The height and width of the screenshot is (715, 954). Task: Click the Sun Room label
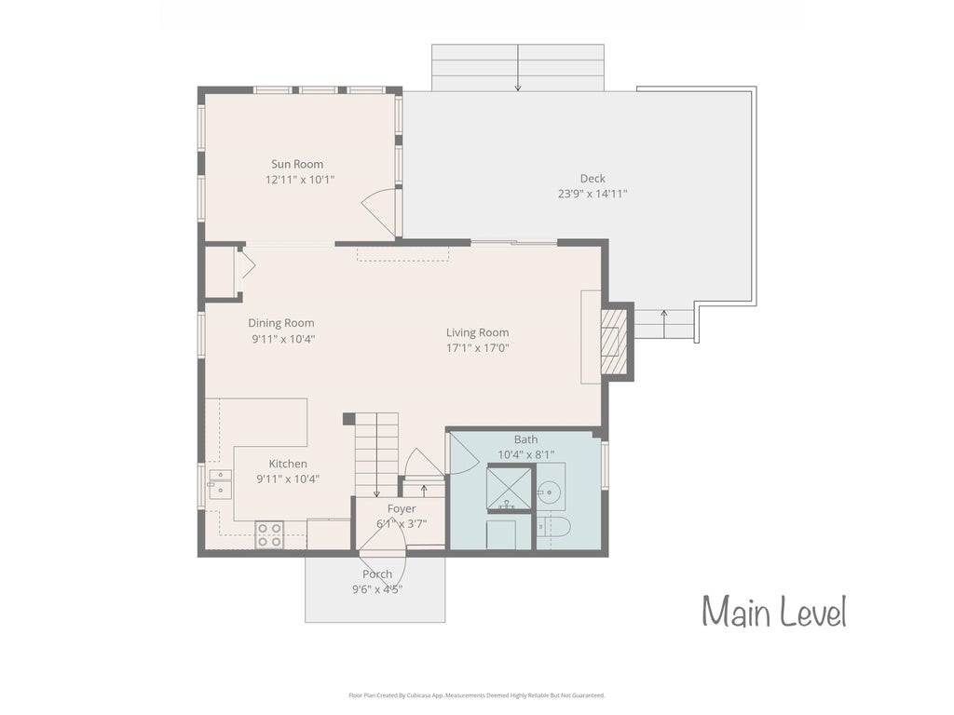pos(297,164)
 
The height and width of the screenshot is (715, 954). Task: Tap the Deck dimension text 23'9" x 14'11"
pos(593,194)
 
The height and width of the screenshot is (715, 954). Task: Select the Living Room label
pos(478,332)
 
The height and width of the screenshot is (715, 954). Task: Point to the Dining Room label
pos(281,323)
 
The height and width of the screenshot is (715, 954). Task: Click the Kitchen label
pos(288,464)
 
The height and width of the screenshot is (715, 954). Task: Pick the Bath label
pos(525,439)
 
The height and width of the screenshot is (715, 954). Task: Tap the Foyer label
pos(402,508)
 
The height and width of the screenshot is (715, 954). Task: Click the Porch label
pos(377,573)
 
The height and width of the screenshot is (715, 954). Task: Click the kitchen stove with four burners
pos(269,535)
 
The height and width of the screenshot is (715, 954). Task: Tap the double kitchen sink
pos(220,484)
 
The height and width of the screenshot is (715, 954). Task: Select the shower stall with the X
pos(510,488)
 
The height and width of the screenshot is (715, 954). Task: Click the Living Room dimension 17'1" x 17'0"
pos(478,348)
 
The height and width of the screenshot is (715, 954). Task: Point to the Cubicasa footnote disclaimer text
pos(477,695)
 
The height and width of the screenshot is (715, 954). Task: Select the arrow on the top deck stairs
pos(518,67)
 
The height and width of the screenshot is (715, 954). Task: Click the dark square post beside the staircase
pos(348,419)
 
